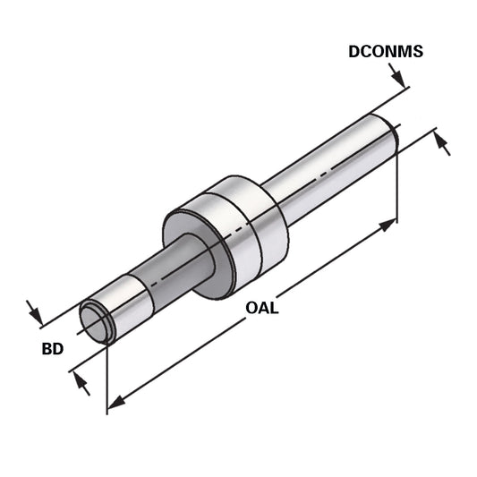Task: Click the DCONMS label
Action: [386, 52]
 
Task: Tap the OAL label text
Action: [262, 309]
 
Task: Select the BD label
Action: [52, 348]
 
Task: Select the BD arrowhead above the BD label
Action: [37, 314]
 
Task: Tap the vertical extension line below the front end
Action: [107, 376]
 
